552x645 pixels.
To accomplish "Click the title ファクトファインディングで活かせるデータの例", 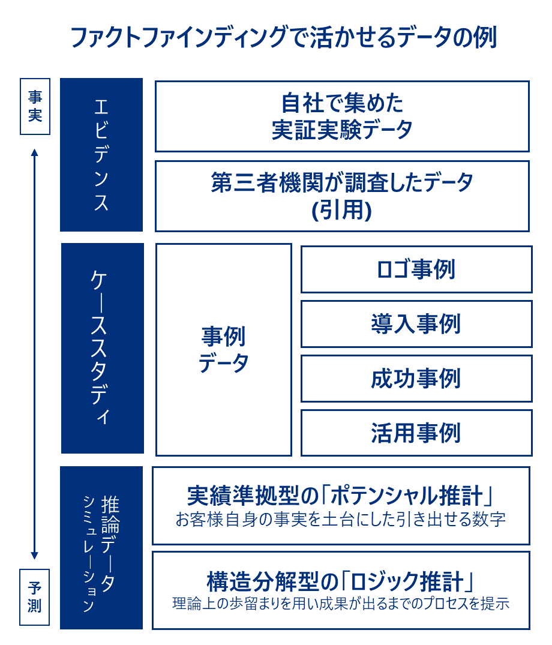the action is coord(284,37).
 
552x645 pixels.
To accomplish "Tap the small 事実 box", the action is coord(35,107).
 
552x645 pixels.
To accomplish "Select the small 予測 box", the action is coord(35,597).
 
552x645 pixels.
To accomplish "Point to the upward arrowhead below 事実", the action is coord(35,152).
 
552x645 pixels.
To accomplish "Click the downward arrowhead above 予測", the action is coord(35,556).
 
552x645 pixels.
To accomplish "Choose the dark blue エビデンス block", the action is coord(101,155).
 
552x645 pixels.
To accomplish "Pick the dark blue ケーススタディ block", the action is coord(103,349).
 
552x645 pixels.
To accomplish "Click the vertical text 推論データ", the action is coord(110,544).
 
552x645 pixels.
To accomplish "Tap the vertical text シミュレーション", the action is coord(89,554).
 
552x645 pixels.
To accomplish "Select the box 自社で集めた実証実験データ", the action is coord(342,116).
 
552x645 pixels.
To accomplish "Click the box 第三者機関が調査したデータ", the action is coord(342,196).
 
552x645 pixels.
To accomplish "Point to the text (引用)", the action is coord(342,210).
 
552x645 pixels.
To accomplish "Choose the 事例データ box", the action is coord(224,350).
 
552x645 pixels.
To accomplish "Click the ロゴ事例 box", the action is coord(416,269).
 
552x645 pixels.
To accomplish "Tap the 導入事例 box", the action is coord(416,324).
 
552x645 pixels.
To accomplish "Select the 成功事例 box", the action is coord(416,379).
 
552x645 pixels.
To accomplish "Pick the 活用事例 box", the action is coord(416,433).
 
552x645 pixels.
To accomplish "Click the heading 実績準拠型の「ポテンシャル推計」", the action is coord(341,495).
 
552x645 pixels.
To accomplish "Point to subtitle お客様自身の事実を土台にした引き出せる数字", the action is coord(341,520).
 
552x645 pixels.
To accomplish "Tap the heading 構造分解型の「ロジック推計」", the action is coord(341,581).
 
